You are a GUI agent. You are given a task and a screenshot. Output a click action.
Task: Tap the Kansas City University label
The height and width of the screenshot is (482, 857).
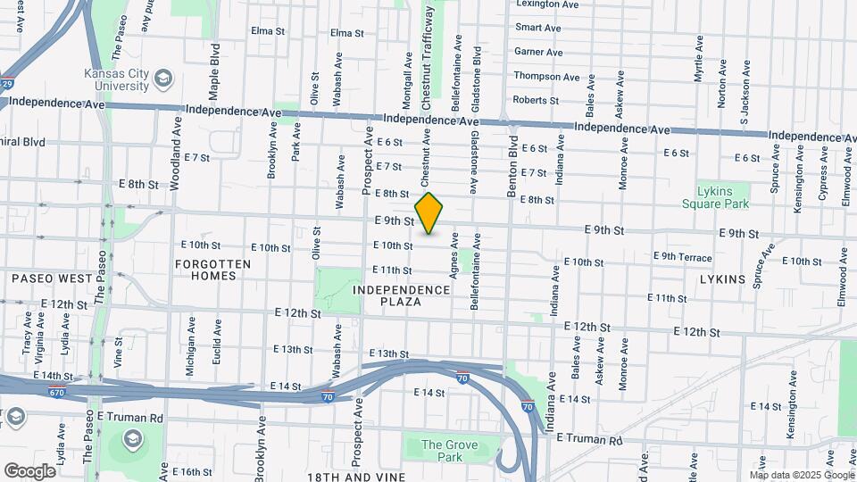117,80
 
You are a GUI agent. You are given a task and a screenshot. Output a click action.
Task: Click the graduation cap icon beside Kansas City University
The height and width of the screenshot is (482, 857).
162,79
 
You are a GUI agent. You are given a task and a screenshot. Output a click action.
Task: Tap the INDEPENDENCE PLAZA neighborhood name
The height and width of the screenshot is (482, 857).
401,295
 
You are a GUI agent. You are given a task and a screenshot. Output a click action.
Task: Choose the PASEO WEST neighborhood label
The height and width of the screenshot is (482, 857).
52,278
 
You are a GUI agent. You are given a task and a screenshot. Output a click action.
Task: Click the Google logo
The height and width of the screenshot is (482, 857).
29,470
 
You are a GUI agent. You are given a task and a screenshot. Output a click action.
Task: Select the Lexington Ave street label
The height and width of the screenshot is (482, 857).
547,4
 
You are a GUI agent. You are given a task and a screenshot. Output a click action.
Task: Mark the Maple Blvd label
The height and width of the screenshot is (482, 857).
214,71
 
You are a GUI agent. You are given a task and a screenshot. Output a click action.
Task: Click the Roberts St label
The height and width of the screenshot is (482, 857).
536,101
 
